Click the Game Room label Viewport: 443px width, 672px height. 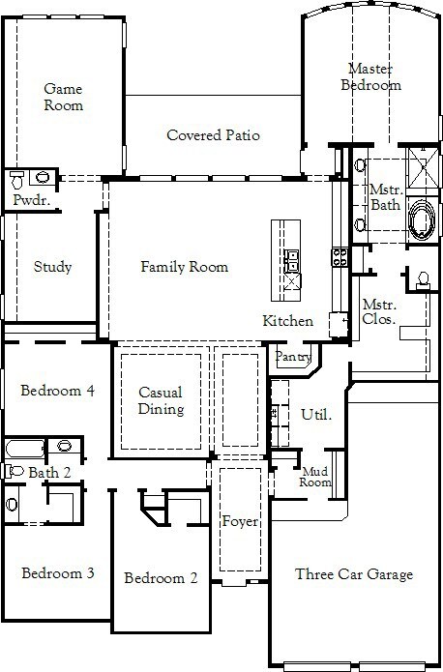pos(64,97)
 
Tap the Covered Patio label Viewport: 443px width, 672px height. pos(213,135)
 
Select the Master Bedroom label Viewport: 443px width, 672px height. pos(371,76)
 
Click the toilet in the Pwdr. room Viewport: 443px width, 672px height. pos(17,180)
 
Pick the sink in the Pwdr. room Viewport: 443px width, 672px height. pos(43,177)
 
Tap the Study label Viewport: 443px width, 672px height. pos(52,267)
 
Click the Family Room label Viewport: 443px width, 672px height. pos(185,267)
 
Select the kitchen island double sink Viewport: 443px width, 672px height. pos(292,260)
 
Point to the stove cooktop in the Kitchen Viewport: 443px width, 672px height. pos(340,257)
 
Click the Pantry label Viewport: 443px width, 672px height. pos(293,357)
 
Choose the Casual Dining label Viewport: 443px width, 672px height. pos(161,400)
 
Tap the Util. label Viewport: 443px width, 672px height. pos(316,415)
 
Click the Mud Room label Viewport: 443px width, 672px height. pos(315,477)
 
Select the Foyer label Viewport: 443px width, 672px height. pos(240,521)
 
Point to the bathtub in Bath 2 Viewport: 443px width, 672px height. pos(25,449)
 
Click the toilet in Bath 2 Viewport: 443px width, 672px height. pos(14,471)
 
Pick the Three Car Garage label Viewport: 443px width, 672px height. pos(354,574)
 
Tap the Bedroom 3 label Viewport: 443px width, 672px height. pos(58,573)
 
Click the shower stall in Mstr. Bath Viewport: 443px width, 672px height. pos(423,167)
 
